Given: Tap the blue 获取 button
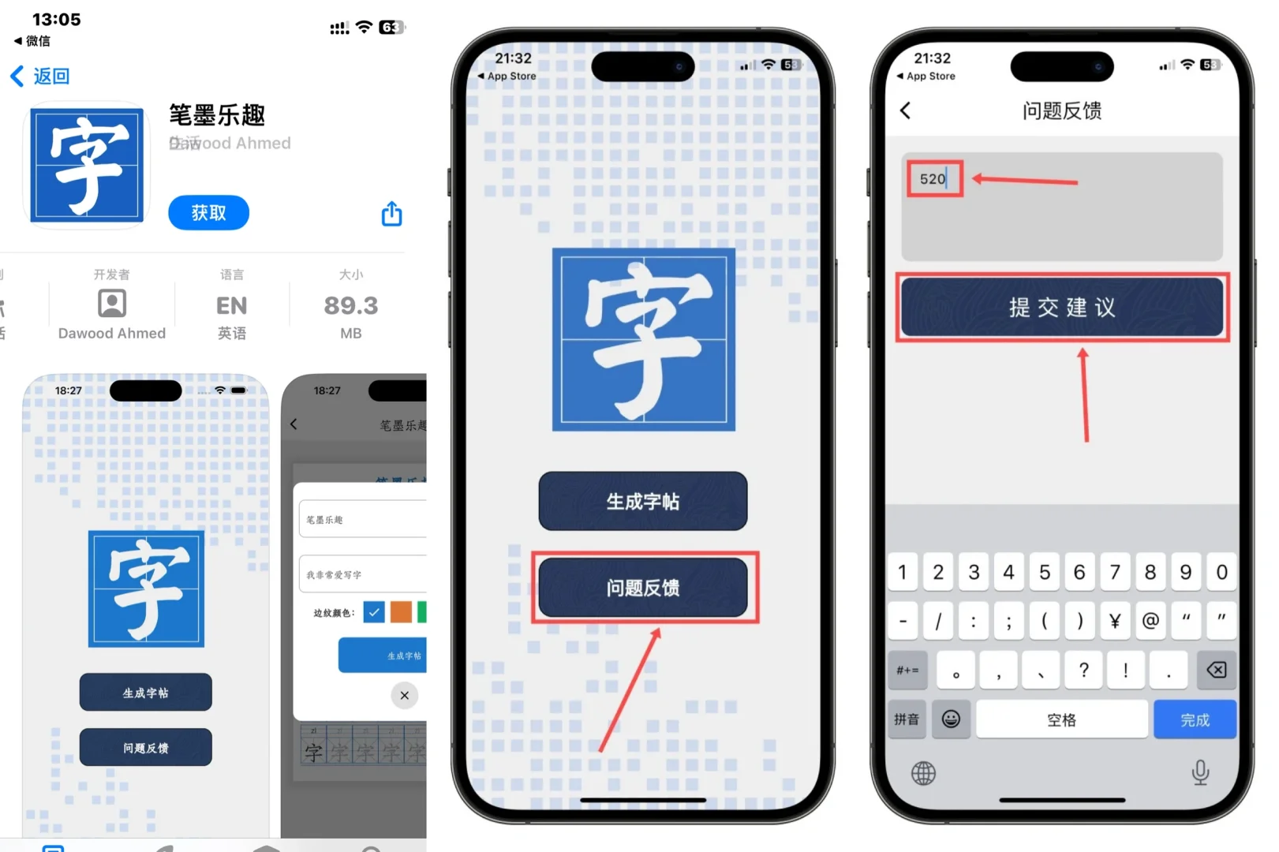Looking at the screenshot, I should [x=208, y=213].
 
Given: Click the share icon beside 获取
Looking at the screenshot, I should [x=392, y=214].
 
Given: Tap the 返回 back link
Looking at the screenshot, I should [x=40, y=76].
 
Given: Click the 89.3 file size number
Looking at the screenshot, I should [x=350, y=305].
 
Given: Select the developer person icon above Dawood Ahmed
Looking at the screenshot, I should [x=112, y=303].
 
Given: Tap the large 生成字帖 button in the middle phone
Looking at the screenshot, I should [x=642, y=501].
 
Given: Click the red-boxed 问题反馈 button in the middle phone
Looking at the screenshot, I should [x=642, y=588].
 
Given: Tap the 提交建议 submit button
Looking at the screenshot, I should [x=1061, y=307].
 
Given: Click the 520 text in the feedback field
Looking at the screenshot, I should [x=933, y=179].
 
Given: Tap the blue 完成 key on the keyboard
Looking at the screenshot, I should [x=1194, y=719].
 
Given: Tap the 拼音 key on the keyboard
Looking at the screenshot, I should [x=906, y=719].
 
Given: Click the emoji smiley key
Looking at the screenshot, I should [x=951, y=719].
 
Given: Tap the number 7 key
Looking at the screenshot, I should [x=1114, y=572].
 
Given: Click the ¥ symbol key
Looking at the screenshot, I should [x=1114, y=622].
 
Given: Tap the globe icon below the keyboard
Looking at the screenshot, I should [x=923, y=773].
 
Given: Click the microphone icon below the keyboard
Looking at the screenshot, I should [x=1200, y=772].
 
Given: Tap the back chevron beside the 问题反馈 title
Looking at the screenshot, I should [x=906, y=111].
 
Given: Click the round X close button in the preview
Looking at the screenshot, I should [x=405, y=695].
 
